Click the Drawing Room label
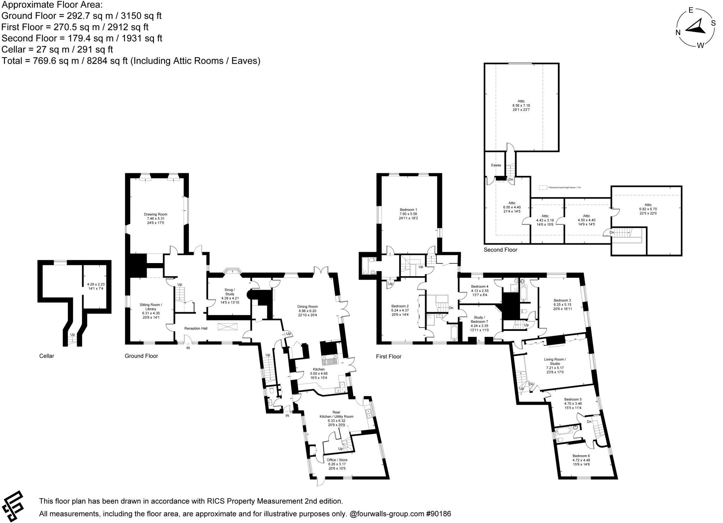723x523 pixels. pyautogui.click(x=155, y=214)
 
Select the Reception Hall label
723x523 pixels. pyautogui.click(x=196, y=328)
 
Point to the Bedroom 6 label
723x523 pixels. pyautogui.click(x=581, y=456)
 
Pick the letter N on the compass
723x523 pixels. pyautogui.click(x=678, y=32)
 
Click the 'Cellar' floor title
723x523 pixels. pyautogui.click(x=47, y=356)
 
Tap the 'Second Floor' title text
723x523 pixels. pyautogui.click(x=500, y=250)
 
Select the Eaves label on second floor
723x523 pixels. pyautogui.click(x=496, y=165)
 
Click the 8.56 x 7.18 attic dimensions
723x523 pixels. pyautogui.click(x=521, y=106)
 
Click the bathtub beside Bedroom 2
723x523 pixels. pyautogui.click(x=454, y=333)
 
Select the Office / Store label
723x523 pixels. pyautogui.click(x=337, y=460)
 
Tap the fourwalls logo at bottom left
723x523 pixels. pyautogui.click(x=13, y=506)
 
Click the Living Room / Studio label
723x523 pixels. pyautogui.click(x=555, y=361)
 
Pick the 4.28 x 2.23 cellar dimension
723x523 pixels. pyautogui.click(x=96, y=284)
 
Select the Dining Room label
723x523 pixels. pyautogui.click(x=307, y=307)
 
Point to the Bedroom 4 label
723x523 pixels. pyautogui.click(x=479, y=286)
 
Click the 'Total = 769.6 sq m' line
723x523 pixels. pyautogui.click(x=131, y=61)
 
